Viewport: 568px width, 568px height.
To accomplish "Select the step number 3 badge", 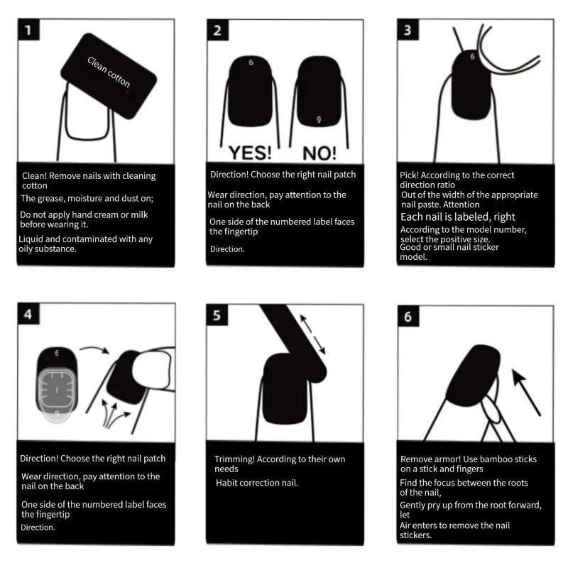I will [408, 31].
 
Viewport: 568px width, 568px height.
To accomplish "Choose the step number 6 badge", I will [408, 317].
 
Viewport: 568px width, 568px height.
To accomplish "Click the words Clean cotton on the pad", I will [109, 72].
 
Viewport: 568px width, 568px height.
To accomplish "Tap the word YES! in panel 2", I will [249, 153].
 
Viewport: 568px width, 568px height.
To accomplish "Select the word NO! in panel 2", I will [320, 153].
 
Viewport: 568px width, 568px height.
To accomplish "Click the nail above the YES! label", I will [251, 92].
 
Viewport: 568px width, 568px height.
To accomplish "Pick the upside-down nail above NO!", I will [319, 92].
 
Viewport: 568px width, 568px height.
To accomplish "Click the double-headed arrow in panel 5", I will [313, 335].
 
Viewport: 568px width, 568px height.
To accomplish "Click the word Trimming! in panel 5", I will [235, 459].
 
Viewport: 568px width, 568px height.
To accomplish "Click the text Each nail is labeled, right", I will [458, 217].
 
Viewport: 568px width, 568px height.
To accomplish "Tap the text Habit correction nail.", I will [257, 483].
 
